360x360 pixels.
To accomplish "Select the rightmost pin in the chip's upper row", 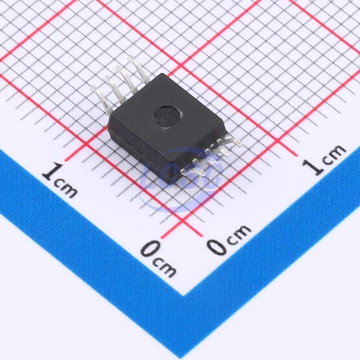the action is (x=138, y=70).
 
